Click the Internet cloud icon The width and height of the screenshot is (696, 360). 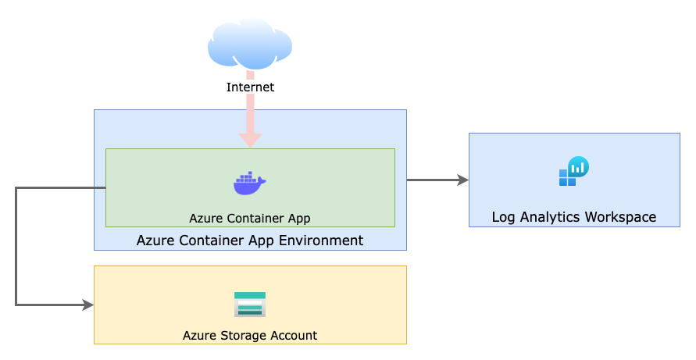[250, 44]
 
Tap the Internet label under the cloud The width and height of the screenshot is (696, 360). [250, 87]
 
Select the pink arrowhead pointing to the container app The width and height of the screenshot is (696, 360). [250, 140]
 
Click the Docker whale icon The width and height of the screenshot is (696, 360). [250, 183]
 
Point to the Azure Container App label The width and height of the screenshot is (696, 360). [250, 218]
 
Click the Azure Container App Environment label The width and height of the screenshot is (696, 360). [250, 241]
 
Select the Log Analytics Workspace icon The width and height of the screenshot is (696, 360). [573, 172]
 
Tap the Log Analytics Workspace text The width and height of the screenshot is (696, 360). [573, 217]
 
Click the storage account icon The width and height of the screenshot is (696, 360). [250, 305]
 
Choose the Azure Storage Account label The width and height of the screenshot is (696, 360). [250, 336]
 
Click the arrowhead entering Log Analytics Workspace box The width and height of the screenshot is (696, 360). [463, 180]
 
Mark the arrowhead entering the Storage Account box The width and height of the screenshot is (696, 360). [88, 305]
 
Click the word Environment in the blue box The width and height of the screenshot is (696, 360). [324, 241]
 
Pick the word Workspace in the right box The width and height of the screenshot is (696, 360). [622, 217]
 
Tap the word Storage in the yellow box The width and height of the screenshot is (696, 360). [243, 336]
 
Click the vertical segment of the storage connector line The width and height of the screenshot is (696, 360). [16, 246]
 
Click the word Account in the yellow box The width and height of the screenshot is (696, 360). [293, 336]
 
